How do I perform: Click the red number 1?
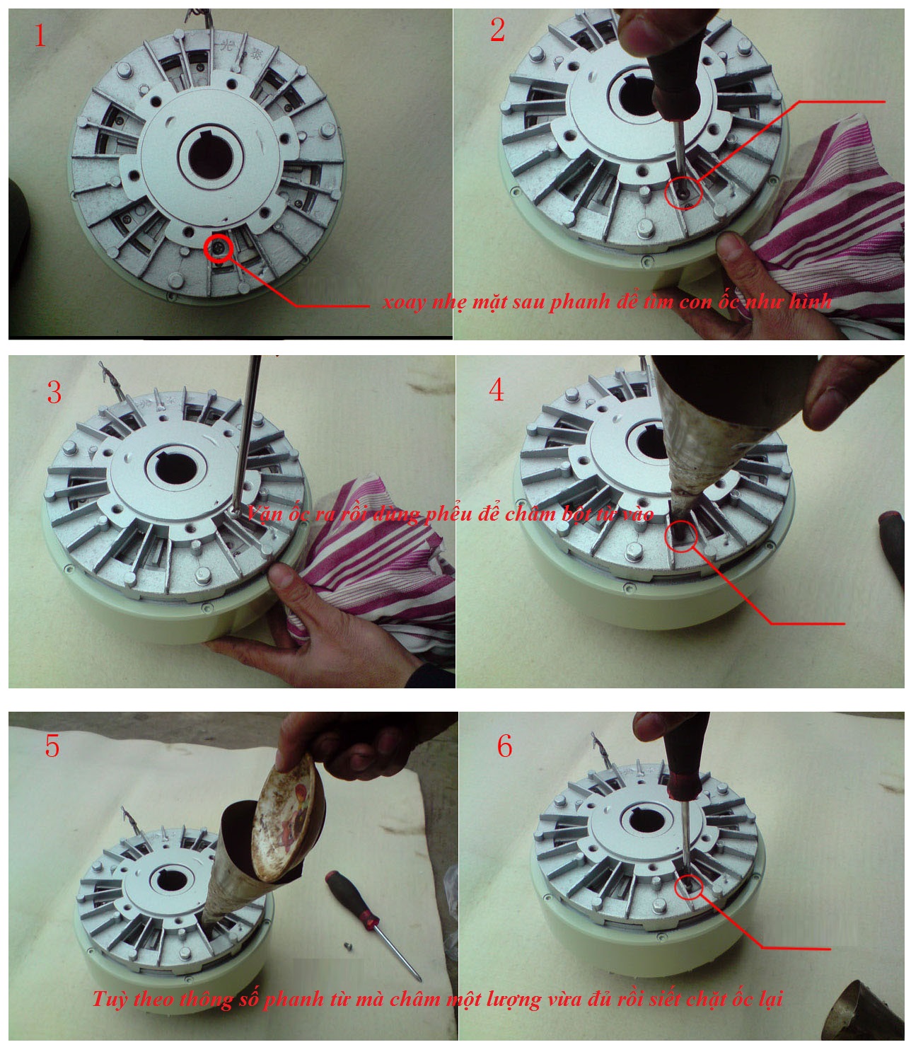click(x=40, y=36)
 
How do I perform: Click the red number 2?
click(x=497, y=30)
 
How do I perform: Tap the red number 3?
click(x=54, y=393)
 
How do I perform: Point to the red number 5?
click(x=52, y=746)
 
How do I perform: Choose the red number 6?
click(x=504, y=746)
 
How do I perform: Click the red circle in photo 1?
click(x=219, y=248)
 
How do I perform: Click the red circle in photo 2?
click(x=683, y=192)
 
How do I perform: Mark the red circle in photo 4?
click(x=682, y=536)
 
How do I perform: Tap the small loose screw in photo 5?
click(x=348, y=946)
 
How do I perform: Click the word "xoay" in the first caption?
click(x=404, y=303)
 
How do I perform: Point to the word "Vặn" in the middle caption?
click(x=264, y=514)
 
